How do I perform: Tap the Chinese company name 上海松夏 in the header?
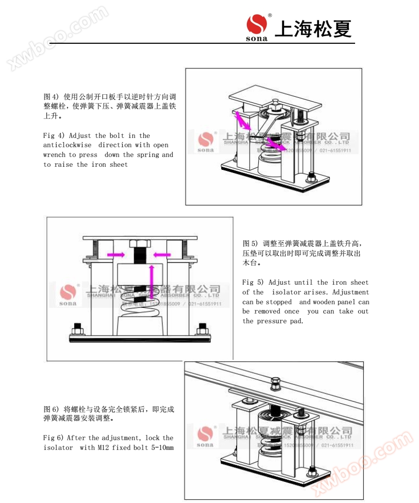click(x=313, y=28)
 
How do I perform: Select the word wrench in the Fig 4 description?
click(x=55, y=154)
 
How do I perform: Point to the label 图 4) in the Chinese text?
click(x=51, y=96)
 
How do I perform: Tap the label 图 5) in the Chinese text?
click(x=250, y=243)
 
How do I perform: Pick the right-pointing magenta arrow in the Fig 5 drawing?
click(x=115, y=254)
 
